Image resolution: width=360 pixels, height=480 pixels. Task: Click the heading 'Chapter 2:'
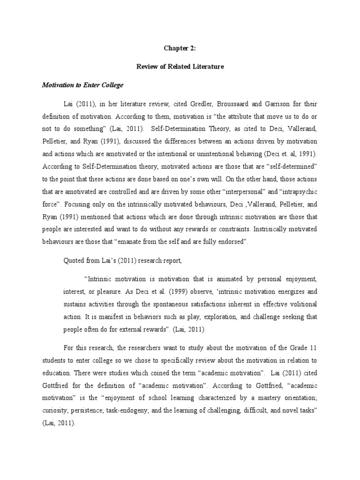point(180,47)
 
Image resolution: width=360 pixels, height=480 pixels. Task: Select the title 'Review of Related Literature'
point(180,67)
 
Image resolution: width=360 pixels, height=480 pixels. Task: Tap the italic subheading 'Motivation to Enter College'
point(82,86)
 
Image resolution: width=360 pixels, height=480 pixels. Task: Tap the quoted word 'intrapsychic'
point(290,192)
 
